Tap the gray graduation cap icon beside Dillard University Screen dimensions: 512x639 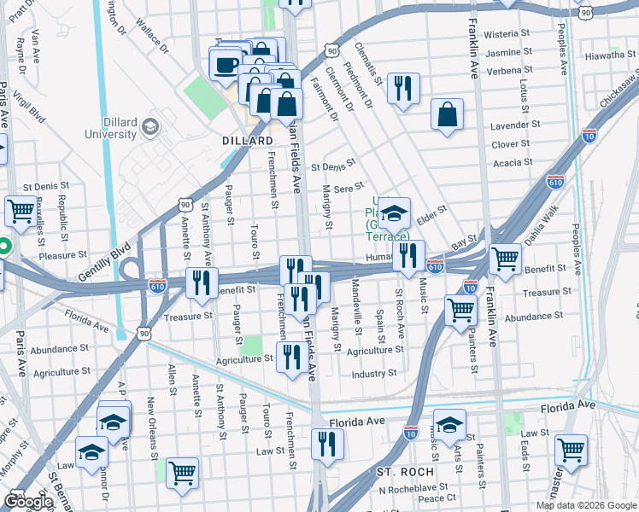click(x=150, y=127)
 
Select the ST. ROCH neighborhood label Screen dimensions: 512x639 click(x=405, y=471)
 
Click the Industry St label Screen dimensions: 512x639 click(x=374, y=374)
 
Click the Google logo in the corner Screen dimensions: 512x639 click(x=27, y=501)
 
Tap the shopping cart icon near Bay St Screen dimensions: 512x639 click(x=505, y=257)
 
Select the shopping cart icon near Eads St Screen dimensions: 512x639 click(x=571, y=448)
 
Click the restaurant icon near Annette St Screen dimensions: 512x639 click(x=201, y=282)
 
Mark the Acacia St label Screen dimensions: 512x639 click(x=513, y=161)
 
